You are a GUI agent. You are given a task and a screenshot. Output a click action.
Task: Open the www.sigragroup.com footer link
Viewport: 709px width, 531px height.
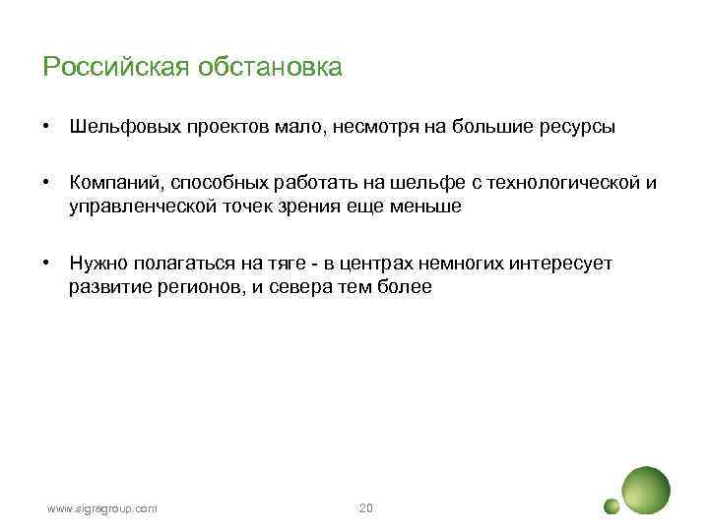pyautogui.click(x=102, y=508)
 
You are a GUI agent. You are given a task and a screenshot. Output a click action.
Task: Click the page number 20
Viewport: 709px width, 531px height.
pyautogui.click(x=366, y=508)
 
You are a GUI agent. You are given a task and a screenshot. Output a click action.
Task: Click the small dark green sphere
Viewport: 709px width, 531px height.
pyautogui.click(x=612, y=506)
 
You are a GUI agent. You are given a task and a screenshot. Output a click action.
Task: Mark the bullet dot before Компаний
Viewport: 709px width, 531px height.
pyautogui.click(x=46, y=184)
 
